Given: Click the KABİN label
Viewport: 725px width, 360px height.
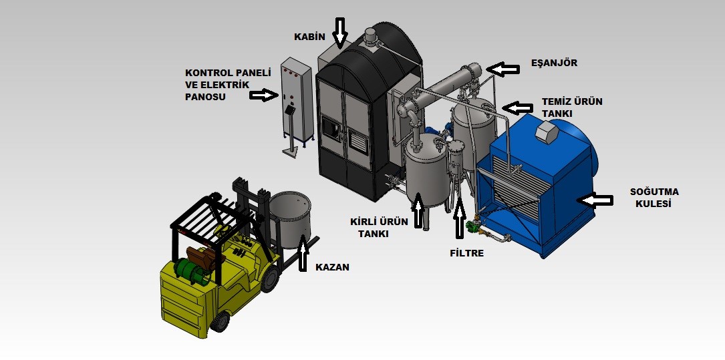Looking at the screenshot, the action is point(310,37).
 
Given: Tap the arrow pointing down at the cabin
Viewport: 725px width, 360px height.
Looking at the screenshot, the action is point(340,33).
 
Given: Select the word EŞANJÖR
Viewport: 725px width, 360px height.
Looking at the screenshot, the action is point(555,63).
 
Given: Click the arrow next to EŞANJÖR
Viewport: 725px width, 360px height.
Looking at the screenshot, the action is point(503,69).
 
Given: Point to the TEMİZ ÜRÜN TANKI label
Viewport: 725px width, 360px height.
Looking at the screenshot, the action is point(572,108).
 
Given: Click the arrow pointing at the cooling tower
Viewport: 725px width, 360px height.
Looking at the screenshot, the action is point(597,200).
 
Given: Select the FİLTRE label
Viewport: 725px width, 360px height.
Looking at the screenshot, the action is point(466,253).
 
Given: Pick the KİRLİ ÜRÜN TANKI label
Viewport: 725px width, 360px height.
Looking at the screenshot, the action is point(379,227).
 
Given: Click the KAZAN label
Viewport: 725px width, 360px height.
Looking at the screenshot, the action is point(332,267).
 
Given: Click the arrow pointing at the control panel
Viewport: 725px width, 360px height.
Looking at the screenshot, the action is point(263,96).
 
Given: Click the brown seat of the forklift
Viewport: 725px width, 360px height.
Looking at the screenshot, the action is point(200,258).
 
